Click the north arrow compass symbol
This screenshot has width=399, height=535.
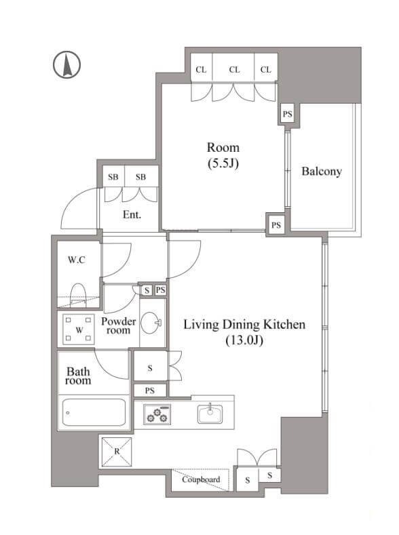click(67, 65)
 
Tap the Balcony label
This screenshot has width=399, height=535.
click(322, 172)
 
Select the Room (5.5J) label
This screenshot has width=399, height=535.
click(223, 155)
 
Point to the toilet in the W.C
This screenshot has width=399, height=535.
click(78, 295)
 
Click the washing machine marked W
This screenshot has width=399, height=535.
click(79, 330)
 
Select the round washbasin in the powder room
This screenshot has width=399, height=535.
click(151, 323)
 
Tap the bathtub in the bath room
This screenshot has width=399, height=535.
click(94, 412)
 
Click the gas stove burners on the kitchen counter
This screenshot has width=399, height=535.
click(157, 414)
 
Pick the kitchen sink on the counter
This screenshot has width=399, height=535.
click(210, 414)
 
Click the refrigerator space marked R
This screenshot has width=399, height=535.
click(117, 452)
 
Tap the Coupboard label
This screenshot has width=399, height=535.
click(201, 479)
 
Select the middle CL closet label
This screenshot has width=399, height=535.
click(234, 70)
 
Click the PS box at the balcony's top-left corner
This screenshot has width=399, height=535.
click(288, 114)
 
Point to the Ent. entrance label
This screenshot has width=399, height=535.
click(132, 215)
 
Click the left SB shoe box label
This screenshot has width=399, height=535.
click(113, 177)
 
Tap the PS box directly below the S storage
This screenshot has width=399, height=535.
click(150, 391)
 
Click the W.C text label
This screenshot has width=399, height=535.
click(77, 260)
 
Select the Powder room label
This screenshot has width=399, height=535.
click(119, 326)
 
